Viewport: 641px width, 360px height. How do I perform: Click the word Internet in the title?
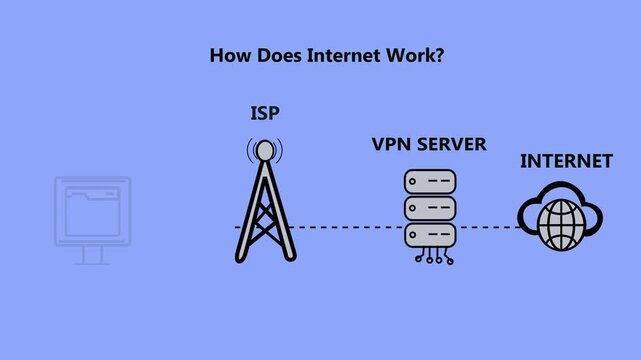click(333, 55)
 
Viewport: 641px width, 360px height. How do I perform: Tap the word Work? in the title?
click(410, 55)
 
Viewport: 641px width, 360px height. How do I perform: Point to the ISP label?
click(264, 114)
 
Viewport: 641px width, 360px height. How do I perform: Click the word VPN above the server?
click(390, 144)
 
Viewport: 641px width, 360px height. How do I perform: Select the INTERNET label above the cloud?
click(566, 160)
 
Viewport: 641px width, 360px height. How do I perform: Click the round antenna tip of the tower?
click(264, 151)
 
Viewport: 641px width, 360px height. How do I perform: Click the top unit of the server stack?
click(429, 183)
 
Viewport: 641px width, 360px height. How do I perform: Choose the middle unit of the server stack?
click(429, 210)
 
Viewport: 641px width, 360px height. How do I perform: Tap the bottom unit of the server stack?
click(429, 237)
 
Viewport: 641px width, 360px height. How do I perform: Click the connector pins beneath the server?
click(430, 258)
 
